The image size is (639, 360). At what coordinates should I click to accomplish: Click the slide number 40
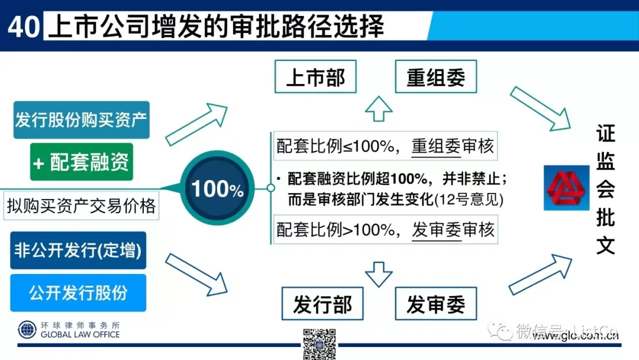point(23,27)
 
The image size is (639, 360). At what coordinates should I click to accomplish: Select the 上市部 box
point(315,77)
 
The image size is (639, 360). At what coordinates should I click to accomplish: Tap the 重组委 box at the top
point(435,77)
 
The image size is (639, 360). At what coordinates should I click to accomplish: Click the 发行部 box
point(322,304)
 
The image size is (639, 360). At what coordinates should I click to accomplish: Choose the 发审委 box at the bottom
point(435,304)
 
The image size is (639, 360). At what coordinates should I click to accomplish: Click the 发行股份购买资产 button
point(81,120)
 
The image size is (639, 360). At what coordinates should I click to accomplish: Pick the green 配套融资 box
point(82,162)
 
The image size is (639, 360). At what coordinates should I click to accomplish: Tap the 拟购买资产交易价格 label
point(81,205)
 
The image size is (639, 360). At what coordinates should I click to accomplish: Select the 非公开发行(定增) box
point(78,250)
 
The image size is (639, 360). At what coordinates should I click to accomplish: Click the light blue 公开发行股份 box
point(78,292)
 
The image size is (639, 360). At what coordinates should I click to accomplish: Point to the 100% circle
point(218,189)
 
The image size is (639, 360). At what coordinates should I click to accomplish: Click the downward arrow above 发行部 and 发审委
point(379,272)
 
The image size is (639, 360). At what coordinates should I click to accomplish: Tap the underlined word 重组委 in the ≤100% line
point(436,146)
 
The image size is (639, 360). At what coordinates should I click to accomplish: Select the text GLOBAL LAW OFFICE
point(80,335)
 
